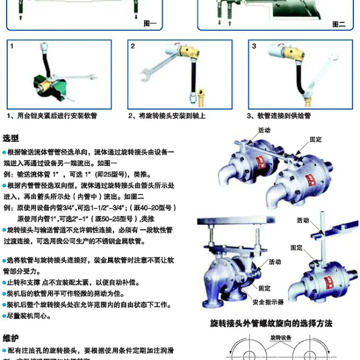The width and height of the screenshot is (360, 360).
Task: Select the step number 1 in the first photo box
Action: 11,46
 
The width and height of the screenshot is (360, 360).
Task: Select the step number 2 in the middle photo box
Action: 133,46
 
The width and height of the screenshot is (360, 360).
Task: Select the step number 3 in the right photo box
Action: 254,46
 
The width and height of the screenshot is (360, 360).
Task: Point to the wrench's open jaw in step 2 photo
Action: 144,79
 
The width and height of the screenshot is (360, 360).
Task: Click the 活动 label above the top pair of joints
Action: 264,130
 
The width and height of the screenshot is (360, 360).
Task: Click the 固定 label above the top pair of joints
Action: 316,139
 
